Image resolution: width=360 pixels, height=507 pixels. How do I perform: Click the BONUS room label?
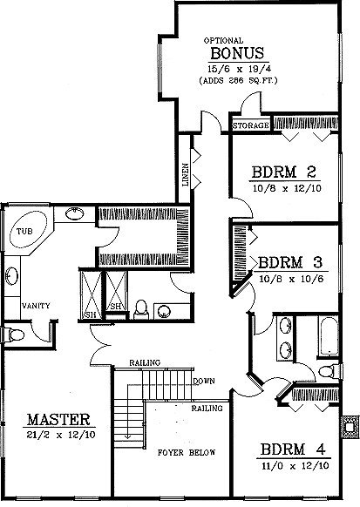[237, 53]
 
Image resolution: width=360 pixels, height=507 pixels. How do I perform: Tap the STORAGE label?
[251, 125]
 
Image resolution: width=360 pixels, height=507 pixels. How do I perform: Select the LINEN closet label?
[186, 175]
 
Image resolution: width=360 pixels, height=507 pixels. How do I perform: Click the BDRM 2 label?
[284, 172]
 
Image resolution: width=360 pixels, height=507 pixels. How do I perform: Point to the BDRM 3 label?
[290, 262]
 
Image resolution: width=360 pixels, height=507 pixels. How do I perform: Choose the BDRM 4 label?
[293, 450]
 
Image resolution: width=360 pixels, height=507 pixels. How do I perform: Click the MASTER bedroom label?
[58, 420]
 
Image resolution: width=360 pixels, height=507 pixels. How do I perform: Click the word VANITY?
[36, 306]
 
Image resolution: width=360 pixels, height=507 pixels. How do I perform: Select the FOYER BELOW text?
[187, 452]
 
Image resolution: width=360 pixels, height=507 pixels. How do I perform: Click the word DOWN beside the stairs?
[204, 381]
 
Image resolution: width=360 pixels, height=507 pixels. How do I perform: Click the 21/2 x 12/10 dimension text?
[61, 435]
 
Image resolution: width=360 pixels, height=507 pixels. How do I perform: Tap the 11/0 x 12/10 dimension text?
[295, 466]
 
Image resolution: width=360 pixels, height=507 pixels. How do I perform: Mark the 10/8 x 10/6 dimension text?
[291, 279]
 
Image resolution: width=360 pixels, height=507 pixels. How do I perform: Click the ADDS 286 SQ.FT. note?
[238, 80]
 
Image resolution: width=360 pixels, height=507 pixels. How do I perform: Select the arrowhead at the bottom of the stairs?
[128, 436]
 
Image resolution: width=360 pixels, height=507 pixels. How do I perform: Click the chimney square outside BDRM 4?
[350, 427]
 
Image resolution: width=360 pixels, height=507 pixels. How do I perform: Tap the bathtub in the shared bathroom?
[329, 336]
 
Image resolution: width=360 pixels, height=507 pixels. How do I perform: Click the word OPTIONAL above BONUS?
[223, 41]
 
